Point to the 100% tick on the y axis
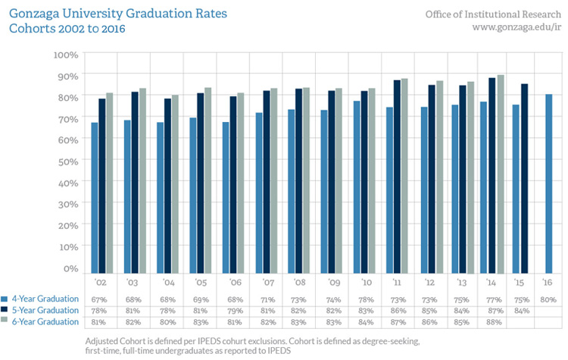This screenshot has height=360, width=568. pos(65,55)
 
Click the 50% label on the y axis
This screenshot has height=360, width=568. pos(67,161)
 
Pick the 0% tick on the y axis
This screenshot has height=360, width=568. pos(70,268)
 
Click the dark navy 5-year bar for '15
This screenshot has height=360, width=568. pos(524,178)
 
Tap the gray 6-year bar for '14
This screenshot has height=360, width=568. pos(501,174)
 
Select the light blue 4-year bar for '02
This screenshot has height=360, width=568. pos(95,198)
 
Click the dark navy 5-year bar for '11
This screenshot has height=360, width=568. pos(397,177)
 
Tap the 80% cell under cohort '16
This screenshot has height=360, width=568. pos(548,299)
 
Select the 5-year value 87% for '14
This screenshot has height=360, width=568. pos(492,310)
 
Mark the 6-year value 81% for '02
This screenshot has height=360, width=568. pos(99,321)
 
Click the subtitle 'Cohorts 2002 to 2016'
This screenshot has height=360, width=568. pos(67,29)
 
